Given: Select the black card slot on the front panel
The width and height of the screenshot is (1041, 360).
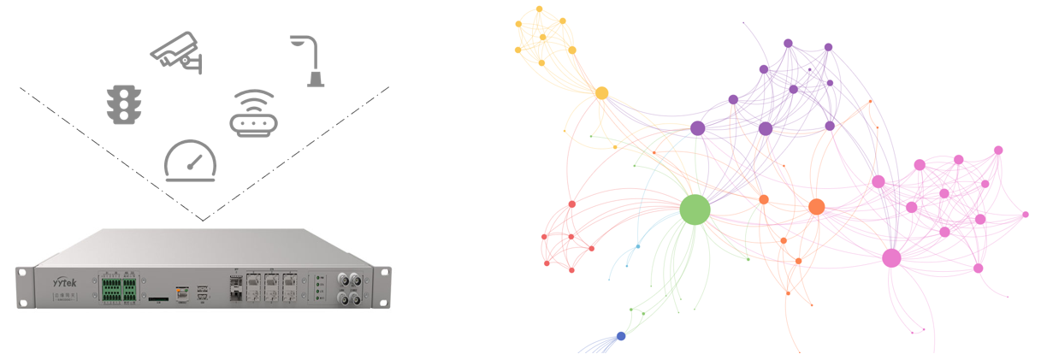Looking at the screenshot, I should pos(158,300).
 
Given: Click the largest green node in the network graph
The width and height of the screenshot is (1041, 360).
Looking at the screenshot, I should pos(695,210).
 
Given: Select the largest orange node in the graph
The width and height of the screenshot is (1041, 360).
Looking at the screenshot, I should pos(816,206).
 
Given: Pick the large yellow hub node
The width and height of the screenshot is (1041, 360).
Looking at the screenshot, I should pos(601,92).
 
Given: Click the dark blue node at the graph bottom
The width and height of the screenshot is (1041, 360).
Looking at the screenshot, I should pos(621,336).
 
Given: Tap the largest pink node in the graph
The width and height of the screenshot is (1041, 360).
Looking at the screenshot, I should pos(891,257).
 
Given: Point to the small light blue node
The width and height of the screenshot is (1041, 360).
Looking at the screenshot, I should pos(637,246).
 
